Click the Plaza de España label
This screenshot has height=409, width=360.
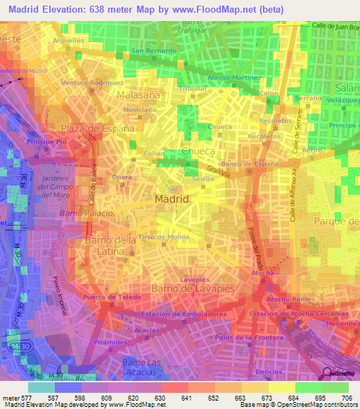[97, 129]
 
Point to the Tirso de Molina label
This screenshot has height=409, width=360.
[164, 237]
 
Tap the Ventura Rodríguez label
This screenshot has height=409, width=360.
[88, 82]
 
